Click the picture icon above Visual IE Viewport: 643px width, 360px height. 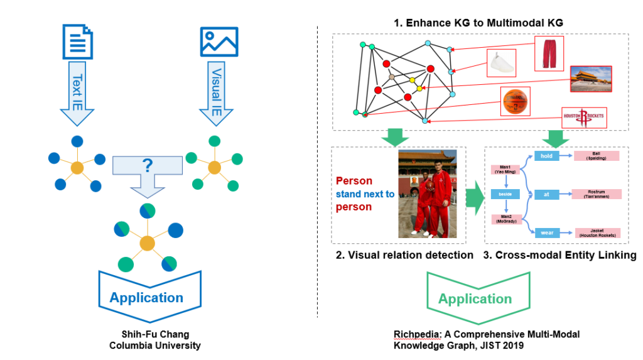pyautogui.click(x=218, y=43)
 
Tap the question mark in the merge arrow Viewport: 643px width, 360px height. pyautogui.click(x=148, y=166)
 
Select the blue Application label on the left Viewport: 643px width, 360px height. pyautogui.click(x=146, y=298)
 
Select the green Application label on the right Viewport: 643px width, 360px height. pyautogui.click(x=475, y=298)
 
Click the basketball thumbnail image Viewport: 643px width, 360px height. pyautogui.click(x=516, y=102)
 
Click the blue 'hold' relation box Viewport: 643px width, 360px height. pyautogui.click(x=546, y=156)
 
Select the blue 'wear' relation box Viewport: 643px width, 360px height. pyautogui.click(x=546, y=233)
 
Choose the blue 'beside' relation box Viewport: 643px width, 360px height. pyautogui.click(x=505, y=195)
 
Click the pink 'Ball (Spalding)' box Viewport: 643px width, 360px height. pyautogui.click(x=596, y=156)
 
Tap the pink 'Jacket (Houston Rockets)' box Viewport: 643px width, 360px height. pyautogui.click(x=596, y=233)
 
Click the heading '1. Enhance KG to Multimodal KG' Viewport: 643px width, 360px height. pyautogui.click(x=478, y=23)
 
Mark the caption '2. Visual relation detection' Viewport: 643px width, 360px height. pyautogui.click(x=403, y=255)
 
